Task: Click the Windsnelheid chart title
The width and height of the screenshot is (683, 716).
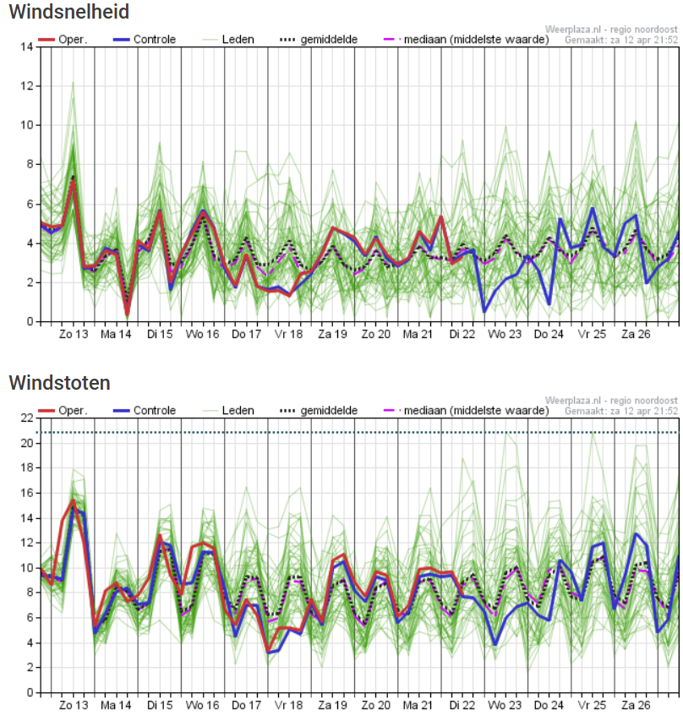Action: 69,12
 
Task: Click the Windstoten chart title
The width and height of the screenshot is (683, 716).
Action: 59,383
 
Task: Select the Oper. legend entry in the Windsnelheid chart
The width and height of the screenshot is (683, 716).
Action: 62,40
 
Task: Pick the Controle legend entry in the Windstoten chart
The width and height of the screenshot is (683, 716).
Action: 145,411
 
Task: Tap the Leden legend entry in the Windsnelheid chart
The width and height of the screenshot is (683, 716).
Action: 228,40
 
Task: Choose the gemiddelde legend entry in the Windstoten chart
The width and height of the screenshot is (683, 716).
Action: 319,411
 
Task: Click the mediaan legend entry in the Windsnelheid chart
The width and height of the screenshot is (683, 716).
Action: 466,40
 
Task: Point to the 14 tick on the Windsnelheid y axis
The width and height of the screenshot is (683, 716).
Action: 27,46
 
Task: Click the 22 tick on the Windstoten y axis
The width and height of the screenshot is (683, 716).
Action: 27,418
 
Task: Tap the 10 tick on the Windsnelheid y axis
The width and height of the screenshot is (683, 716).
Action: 27,125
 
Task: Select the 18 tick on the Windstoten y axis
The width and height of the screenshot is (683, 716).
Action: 27,467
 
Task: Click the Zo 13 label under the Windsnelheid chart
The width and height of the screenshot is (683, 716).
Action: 74,334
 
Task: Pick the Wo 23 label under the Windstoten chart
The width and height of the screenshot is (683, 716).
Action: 505,705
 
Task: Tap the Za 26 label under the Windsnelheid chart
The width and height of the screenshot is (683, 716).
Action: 636,334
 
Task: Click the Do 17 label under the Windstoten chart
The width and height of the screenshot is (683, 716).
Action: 246,705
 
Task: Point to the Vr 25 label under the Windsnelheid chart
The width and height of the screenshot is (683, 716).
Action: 593,334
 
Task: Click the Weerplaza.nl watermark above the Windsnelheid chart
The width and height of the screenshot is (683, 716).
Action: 611,30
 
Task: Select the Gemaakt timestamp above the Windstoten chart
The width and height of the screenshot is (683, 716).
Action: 621,411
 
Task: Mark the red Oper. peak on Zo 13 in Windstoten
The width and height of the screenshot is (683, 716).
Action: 73,500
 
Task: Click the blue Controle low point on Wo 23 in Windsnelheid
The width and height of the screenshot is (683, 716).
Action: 484,311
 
